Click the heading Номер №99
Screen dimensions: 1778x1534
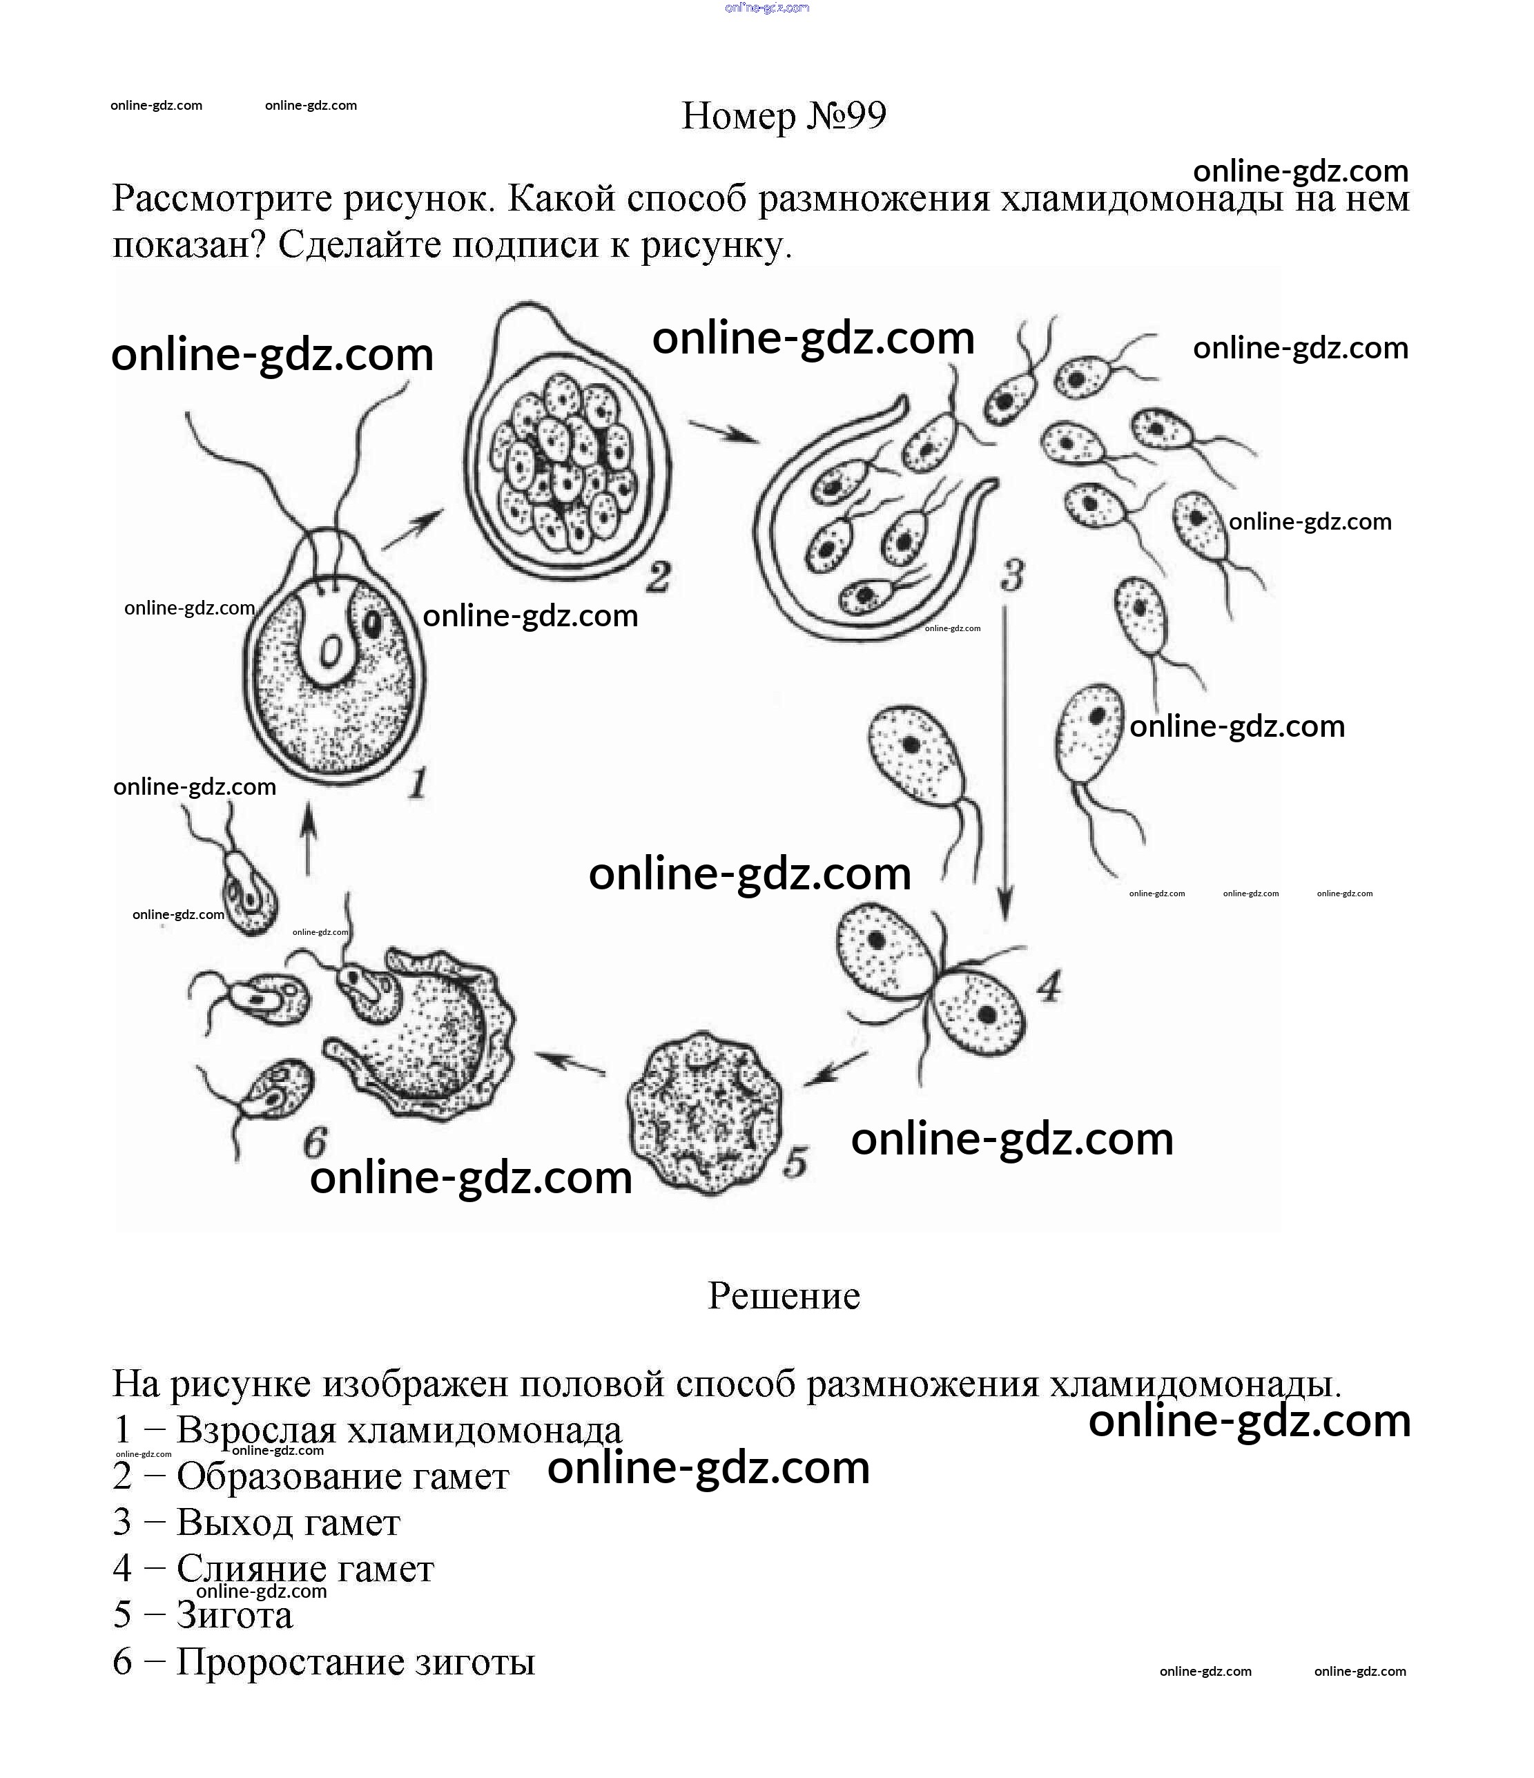[784, 116]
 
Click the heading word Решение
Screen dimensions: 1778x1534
[784, 1296]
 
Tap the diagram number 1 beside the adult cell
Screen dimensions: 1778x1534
[417, 782]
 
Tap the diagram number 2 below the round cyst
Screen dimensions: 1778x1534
[657, 577]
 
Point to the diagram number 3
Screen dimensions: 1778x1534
[1012, 575]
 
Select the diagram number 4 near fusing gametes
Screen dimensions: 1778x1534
[1049, 986]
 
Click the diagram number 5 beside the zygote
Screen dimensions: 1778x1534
[795, 1162]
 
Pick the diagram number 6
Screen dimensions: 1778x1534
[315, 1142]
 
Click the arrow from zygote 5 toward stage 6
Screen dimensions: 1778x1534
[570, 1064]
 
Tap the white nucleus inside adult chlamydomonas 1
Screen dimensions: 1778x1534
[329, 653]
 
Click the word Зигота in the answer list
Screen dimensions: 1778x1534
[234, 1615]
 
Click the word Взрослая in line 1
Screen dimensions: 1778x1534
[255, 1429]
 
